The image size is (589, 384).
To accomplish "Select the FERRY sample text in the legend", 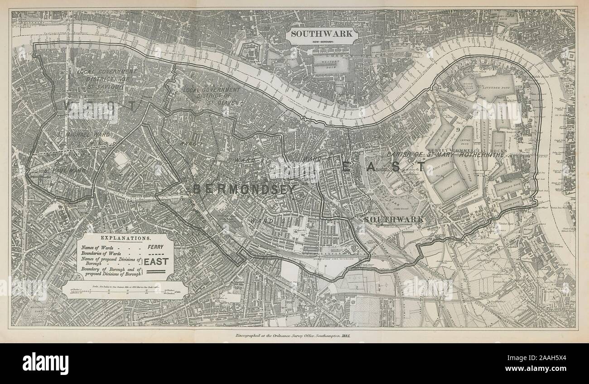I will [x=155, y=247].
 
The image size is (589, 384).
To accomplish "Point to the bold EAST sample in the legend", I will [x=156, y=261].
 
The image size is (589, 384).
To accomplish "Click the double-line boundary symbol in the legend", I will [x=156, y=272].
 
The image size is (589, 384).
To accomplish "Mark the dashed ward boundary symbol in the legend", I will [x=156, y=254].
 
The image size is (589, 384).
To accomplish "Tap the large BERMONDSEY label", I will [x=244, y=189].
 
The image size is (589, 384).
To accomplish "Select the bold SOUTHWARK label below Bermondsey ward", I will [x=394, y=219].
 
